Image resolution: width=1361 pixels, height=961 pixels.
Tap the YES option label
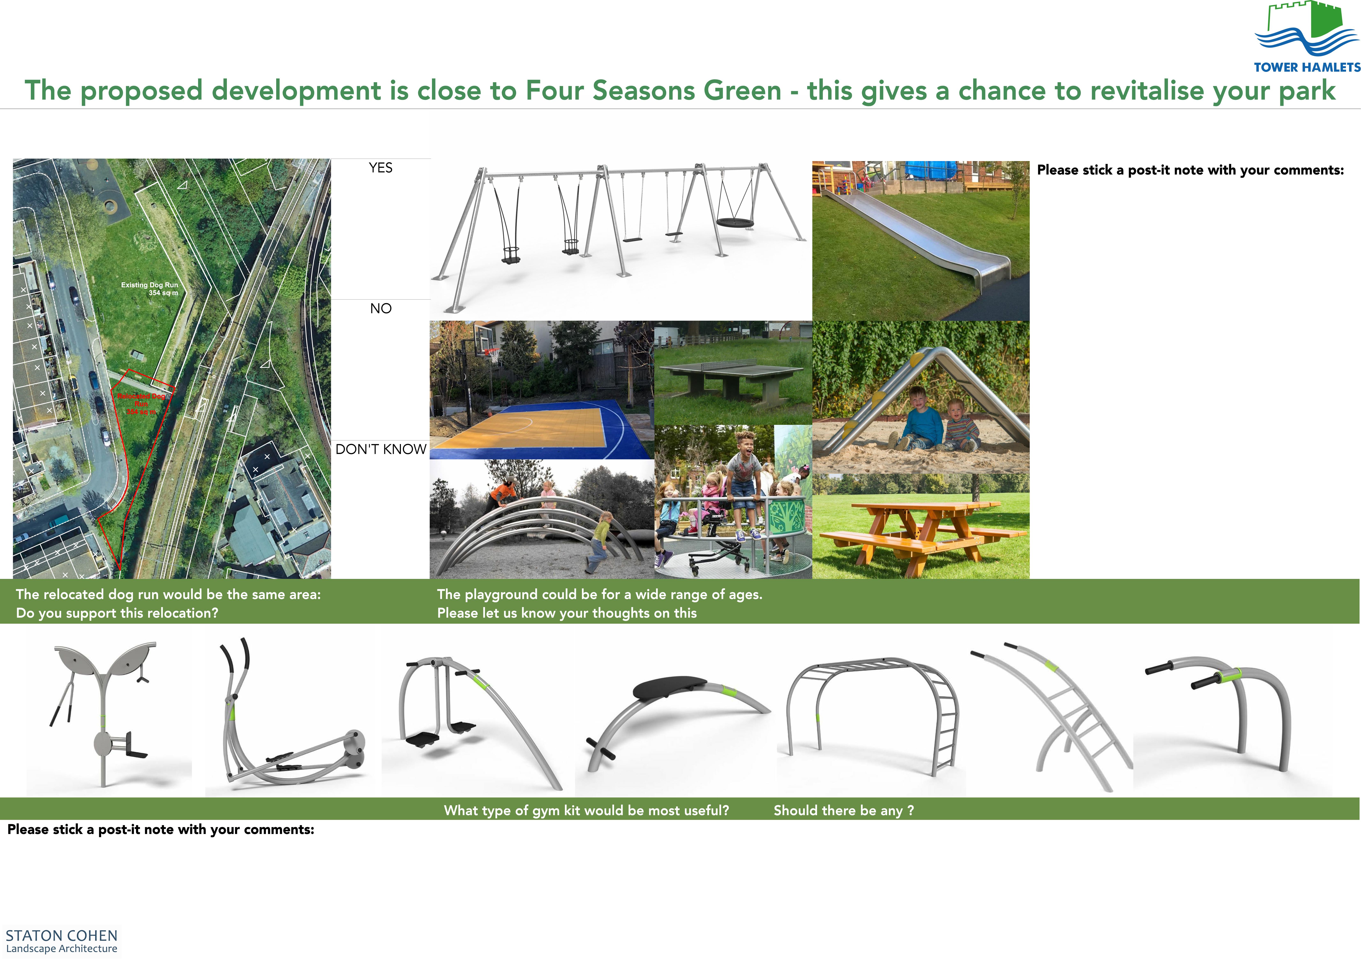[381, 168]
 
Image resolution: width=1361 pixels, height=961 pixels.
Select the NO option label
[381, 309]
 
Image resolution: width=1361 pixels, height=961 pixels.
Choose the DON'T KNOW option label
[381, 449]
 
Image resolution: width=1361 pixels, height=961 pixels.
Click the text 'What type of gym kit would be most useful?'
[586, 810]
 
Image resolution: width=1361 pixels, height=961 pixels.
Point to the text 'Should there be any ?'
[844, 810]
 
